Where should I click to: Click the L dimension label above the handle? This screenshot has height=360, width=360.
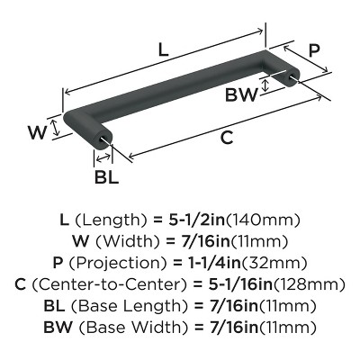point(163,50)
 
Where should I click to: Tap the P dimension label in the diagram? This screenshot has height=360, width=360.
point(314,50)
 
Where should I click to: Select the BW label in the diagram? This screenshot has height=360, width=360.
point(241,95)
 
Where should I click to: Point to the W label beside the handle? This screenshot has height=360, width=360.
point(38,132)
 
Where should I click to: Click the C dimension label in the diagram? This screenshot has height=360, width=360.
point(227,138)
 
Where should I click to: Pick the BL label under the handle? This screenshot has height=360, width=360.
point(106,177)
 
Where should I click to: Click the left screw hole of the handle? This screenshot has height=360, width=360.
point(103,139)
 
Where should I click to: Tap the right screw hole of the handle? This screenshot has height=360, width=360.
point(292,76)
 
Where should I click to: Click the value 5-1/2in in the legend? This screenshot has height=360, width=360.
point(196,220)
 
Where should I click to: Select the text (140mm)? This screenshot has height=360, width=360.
point(263,220)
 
